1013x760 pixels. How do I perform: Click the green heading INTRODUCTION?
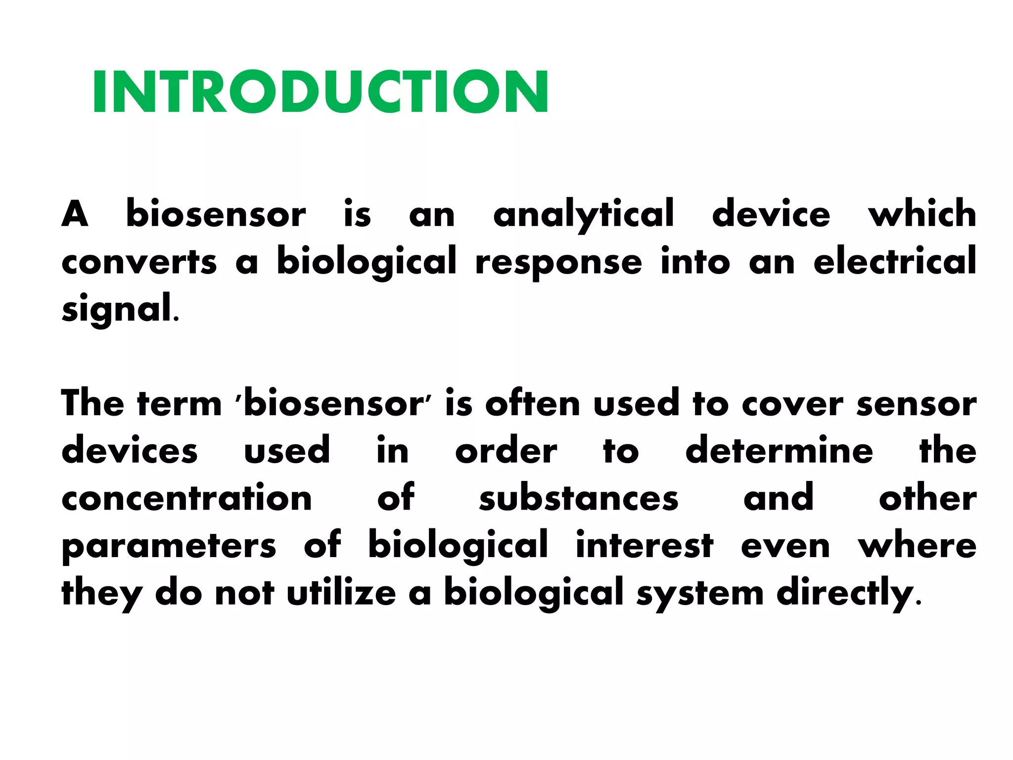coord(320,92)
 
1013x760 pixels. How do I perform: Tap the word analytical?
coord(584,214)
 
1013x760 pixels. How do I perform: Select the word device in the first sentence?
coord(771,214)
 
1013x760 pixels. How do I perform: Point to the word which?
coord(922,214)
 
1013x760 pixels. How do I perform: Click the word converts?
coord(139,262)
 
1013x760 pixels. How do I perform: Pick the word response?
coord(558,263)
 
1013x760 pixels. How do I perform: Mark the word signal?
coord(117,309)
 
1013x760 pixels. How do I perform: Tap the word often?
coord(532,404)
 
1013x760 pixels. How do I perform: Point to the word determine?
coord(779,451)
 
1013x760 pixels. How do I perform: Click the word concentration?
coord(186,498)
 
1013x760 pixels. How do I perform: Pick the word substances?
coord(579,498)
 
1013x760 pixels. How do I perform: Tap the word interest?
coord(645,545)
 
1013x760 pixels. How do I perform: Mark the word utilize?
coord(341,592)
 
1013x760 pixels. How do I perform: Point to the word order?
coord(506,451)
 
